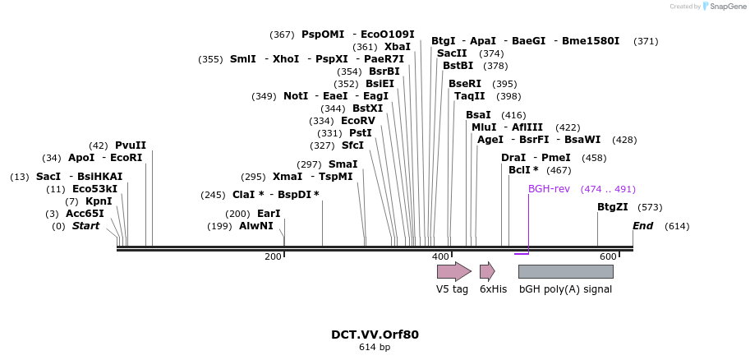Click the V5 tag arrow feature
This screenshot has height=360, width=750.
click(453, 271)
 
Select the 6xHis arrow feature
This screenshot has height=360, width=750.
click(487, 271)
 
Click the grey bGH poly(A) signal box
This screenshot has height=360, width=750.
click(566, 271)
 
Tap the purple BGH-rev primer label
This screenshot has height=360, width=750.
click(549, 189)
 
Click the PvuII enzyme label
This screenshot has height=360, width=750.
click(130, 145)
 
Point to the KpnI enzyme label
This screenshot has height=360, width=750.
click(99, 201)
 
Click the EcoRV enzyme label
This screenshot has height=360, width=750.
click(357, 121)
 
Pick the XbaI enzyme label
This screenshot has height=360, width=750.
click(397, 47)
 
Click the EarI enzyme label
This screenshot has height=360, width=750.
click(269, 214)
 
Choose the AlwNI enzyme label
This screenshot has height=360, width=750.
click(255, 226)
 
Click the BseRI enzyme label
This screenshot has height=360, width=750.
click(465, 84)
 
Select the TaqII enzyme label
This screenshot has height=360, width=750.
click(470, 96)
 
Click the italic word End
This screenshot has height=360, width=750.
click(642, 226)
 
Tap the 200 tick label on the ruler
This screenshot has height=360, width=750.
click(273, 257)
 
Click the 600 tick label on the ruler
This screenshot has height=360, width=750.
click(608, 257)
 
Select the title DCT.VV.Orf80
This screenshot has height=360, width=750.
click(375, 335)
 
